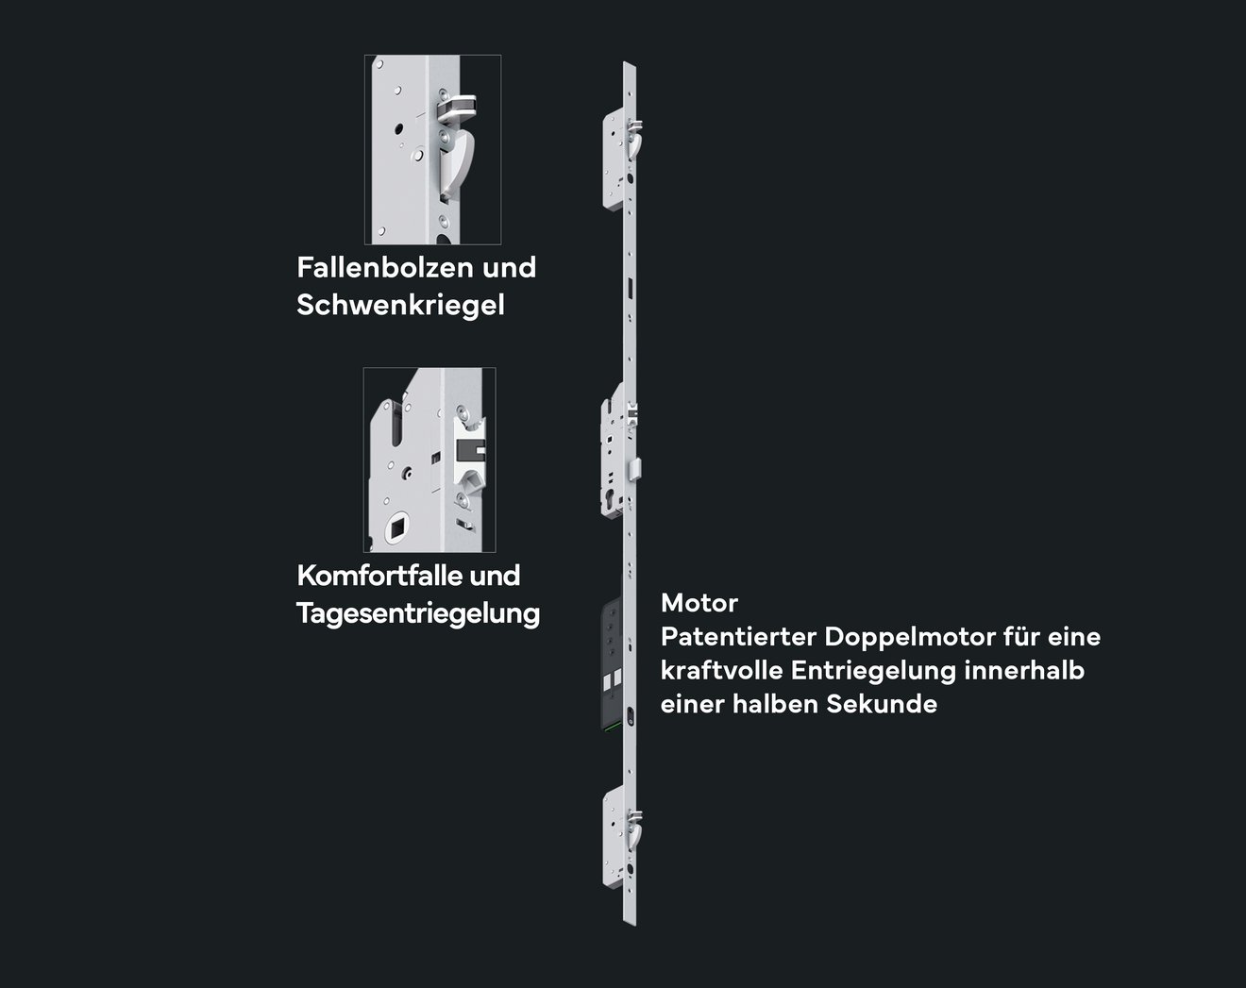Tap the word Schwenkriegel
coord(400,306)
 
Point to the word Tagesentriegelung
coord(418,613)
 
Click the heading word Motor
coord(699,603)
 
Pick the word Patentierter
coord(738,637)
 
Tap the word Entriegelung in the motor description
coord(874,671)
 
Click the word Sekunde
coord(882,704)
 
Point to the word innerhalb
coord(1025,670)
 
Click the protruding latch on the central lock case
coord(637,469)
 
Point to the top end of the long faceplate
coord(630,62)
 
